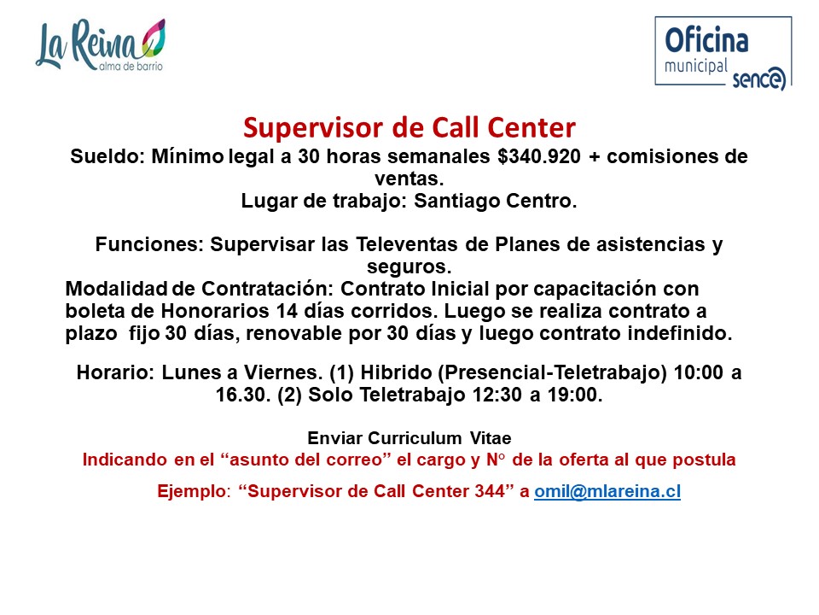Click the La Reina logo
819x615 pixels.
[x=101, y=45]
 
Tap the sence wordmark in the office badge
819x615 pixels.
[x=758, y=79]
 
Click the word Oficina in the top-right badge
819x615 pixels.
[x=706, y=40]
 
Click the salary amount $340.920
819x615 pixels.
[x=539, y=155]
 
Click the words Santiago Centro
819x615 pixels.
[x=495, y=201]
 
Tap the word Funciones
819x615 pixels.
[x=149, y=244]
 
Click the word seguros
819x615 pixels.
[x=409, y=267]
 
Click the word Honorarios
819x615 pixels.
[x=215, y=311]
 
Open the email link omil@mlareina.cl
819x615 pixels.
[x=607, y=492]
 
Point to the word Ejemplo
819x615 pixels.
[x=192, y=492]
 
